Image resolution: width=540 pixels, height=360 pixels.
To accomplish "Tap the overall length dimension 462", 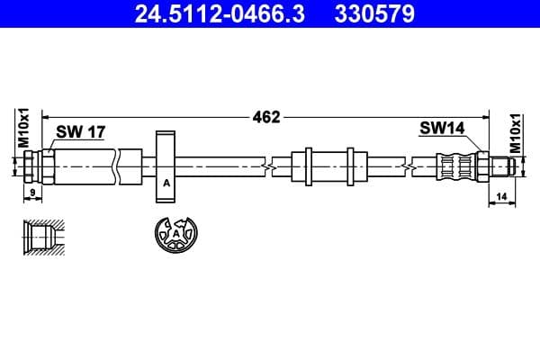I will pos(266,116).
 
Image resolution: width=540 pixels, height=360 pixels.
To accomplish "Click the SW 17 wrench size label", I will pos(81,131).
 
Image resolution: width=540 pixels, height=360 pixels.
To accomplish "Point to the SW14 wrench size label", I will pos(441,129).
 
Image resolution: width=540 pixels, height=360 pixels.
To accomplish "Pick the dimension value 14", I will pos(500,194).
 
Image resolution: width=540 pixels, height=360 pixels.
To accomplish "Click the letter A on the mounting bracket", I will pos(166,184).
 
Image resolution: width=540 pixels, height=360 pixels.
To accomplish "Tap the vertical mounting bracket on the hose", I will pos(166,166).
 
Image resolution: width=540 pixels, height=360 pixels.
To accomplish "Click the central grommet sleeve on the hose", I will pos(329,166).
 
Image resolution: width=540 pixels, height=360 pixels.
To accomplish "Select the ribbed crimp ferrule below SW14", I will pos(455,166).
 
